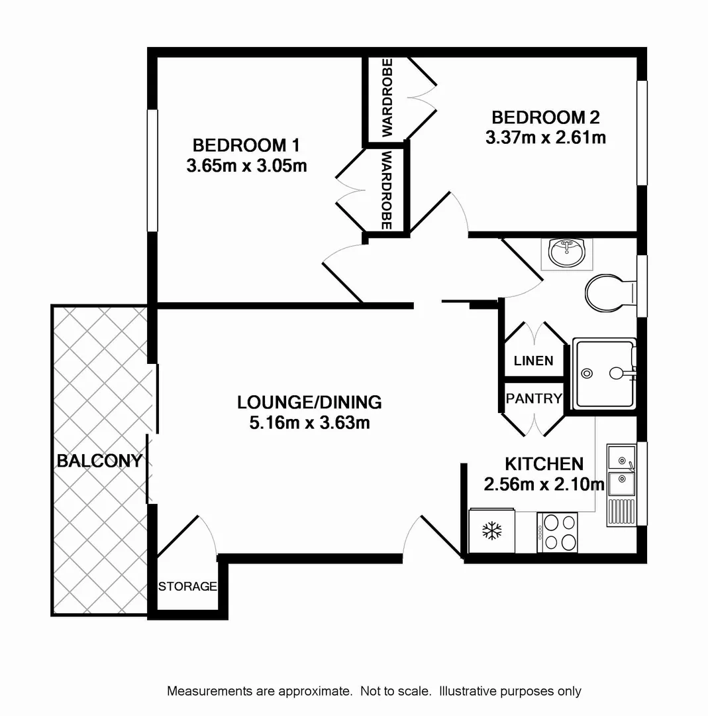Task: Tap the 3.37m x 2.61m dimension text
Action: pyautogui.click(x=546, y=138)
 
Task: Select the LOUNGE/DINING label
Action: pyautogui.click(x=309, y=402)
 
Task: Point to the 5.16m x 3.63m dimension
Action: pyautogui.click(x=309, y=422)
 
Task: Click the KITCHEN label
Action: pyautogui.click(x=544, y=463)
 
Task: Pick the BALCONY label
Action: pyautogui.click(x=99, y=461)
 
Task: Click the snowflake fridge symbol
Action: pyautogui.click(x=491, y=530)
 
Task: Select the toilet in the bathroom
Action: pyautogui.click(x=608, y=292)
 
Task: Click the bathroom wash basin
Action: pyautogui.click(x=566, y=253)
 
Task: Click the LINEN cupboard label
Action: pyautogui.click(x=533, y=361)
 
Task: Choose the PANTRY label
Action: pyautogui.click(x=534, y=398)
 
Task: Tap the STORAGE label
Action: pyautogui.click(x=187, y=586)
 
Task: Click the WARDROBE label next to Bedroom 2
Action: pyautogui.click(x=387, y=97)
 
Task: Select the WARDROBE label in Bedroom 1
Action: pyautogui.click(x=387, y=190)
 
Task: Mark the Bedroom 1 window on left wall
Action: pyautogui.click(x=152, y=170)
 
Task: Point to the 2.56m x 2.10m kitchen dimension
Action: pyautogui.click(x=544, y=485)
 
